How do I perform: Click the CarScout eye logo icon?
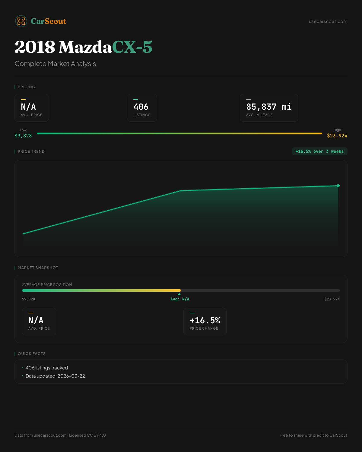tap(21, 21)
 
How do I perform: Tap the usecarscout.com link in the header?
tap(328, 21)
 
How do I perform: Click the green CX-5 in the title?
tap(132, 47)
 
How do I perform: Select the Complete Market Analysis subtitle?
tap(55, 64)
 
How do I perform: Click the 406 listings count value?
tap(141, 107)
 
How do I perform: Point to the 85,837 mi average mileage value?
tap(269, 107)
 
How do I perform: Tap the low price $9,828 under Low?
tap(23, 136)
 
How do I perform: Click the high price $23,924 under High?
tap(337, 136)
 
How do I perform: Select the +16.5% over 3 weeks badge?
tap(319, 151)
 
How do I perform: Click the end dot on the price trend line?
tap(338, 186)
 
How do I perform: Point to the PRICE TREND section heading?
tap(31, 151)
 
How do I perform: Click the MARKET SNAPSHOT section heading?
tap(38, 268)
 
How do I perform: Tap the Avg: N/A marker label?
tap(180, 299)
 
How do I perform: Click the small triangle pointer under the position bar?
tap(179, 294)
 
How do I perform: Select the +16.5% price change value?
tap(205, 320)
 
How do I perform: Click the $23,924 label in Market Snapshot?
tap(332, 299)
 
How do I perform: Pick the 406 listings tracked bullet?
tap(47, 368)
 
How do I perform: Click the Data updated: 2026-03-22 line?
tap(55, 376)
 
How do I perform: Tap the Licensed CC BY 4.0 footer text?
tap(87, 435)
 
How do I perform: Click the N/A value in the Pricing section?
tap(28, 107)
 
